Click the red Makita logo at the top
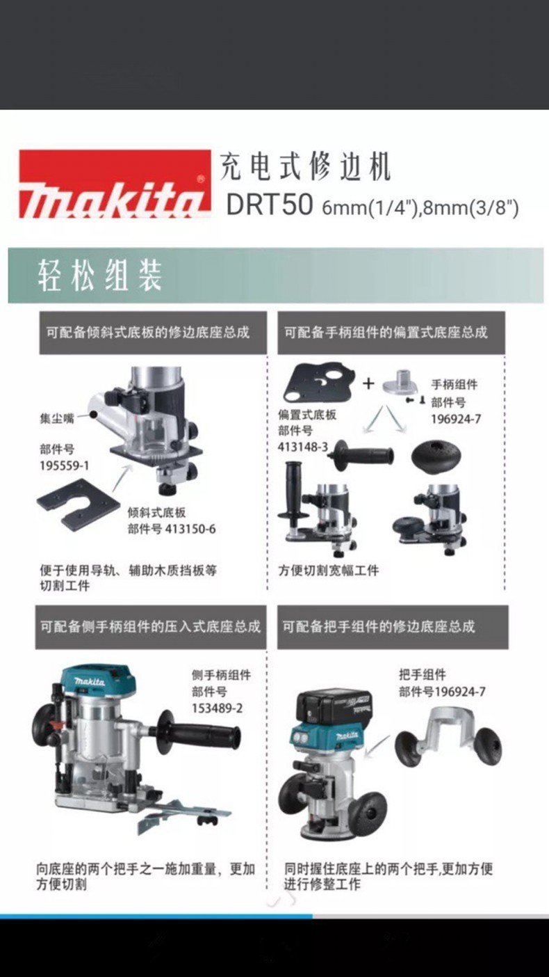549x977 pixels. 115,184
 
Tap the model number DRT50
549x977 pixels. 270,204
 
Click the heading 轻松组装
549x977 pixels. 100,276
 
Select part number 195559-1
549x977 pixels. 64,466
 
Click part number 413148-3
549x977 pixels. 303,447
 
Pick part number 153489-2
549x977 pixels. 217,708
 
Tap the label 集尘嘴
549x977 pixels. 57,419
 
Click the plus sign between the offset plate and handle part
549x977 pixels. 368,383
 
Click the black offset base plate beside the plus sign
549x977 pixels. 320,383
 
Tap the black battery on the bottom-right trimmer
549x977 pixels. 334,706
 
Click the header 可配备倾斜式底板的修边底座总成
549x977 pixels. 148,333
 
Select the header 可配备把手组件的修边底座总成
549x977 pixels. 379,627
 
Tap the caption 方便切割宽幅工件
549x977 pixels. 329,570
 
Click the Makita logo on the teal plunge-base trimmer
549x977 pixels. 90,681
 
